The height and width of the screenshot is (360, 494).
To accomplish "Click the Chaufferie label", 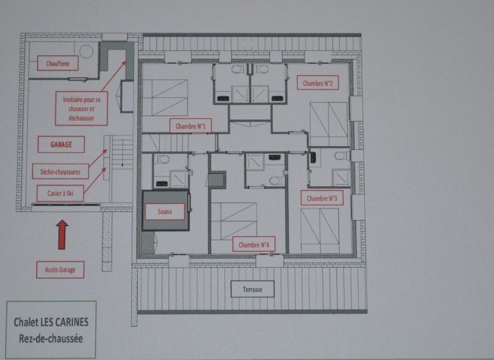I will [58, 63].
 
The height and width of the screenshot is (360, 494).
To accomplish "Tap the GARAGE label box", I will [61, 145].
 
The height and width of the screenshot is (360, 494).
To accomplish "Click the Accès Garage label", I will [60, 270].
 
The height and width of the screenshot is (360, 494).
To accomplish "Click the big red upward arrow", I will [62, 233].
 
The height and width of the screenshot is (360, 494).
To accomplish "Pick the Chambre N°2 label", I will [318, 84].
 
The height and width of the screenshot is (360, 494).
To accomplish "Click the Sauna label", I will [164, 212].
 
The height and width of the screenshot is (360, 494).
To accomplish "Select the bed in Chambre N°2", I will [329, 124].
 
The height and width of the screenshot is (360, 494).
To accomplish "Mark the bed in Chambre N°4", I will [234, 219].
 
